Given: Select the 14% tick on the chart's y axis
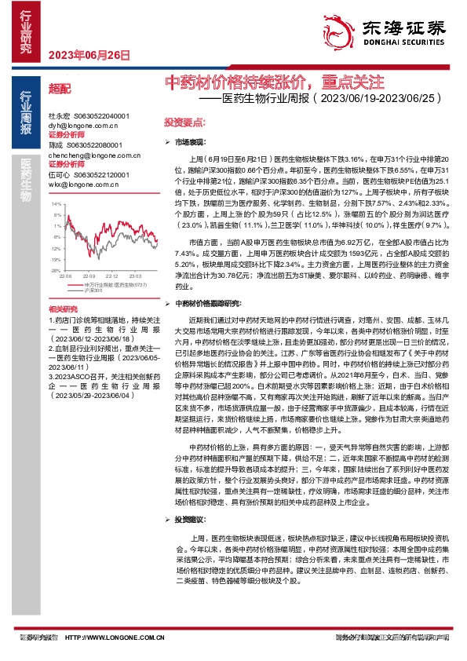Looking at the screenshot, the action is [55, 203].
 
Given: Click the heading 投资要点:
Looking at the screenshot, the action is [184, 123].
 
